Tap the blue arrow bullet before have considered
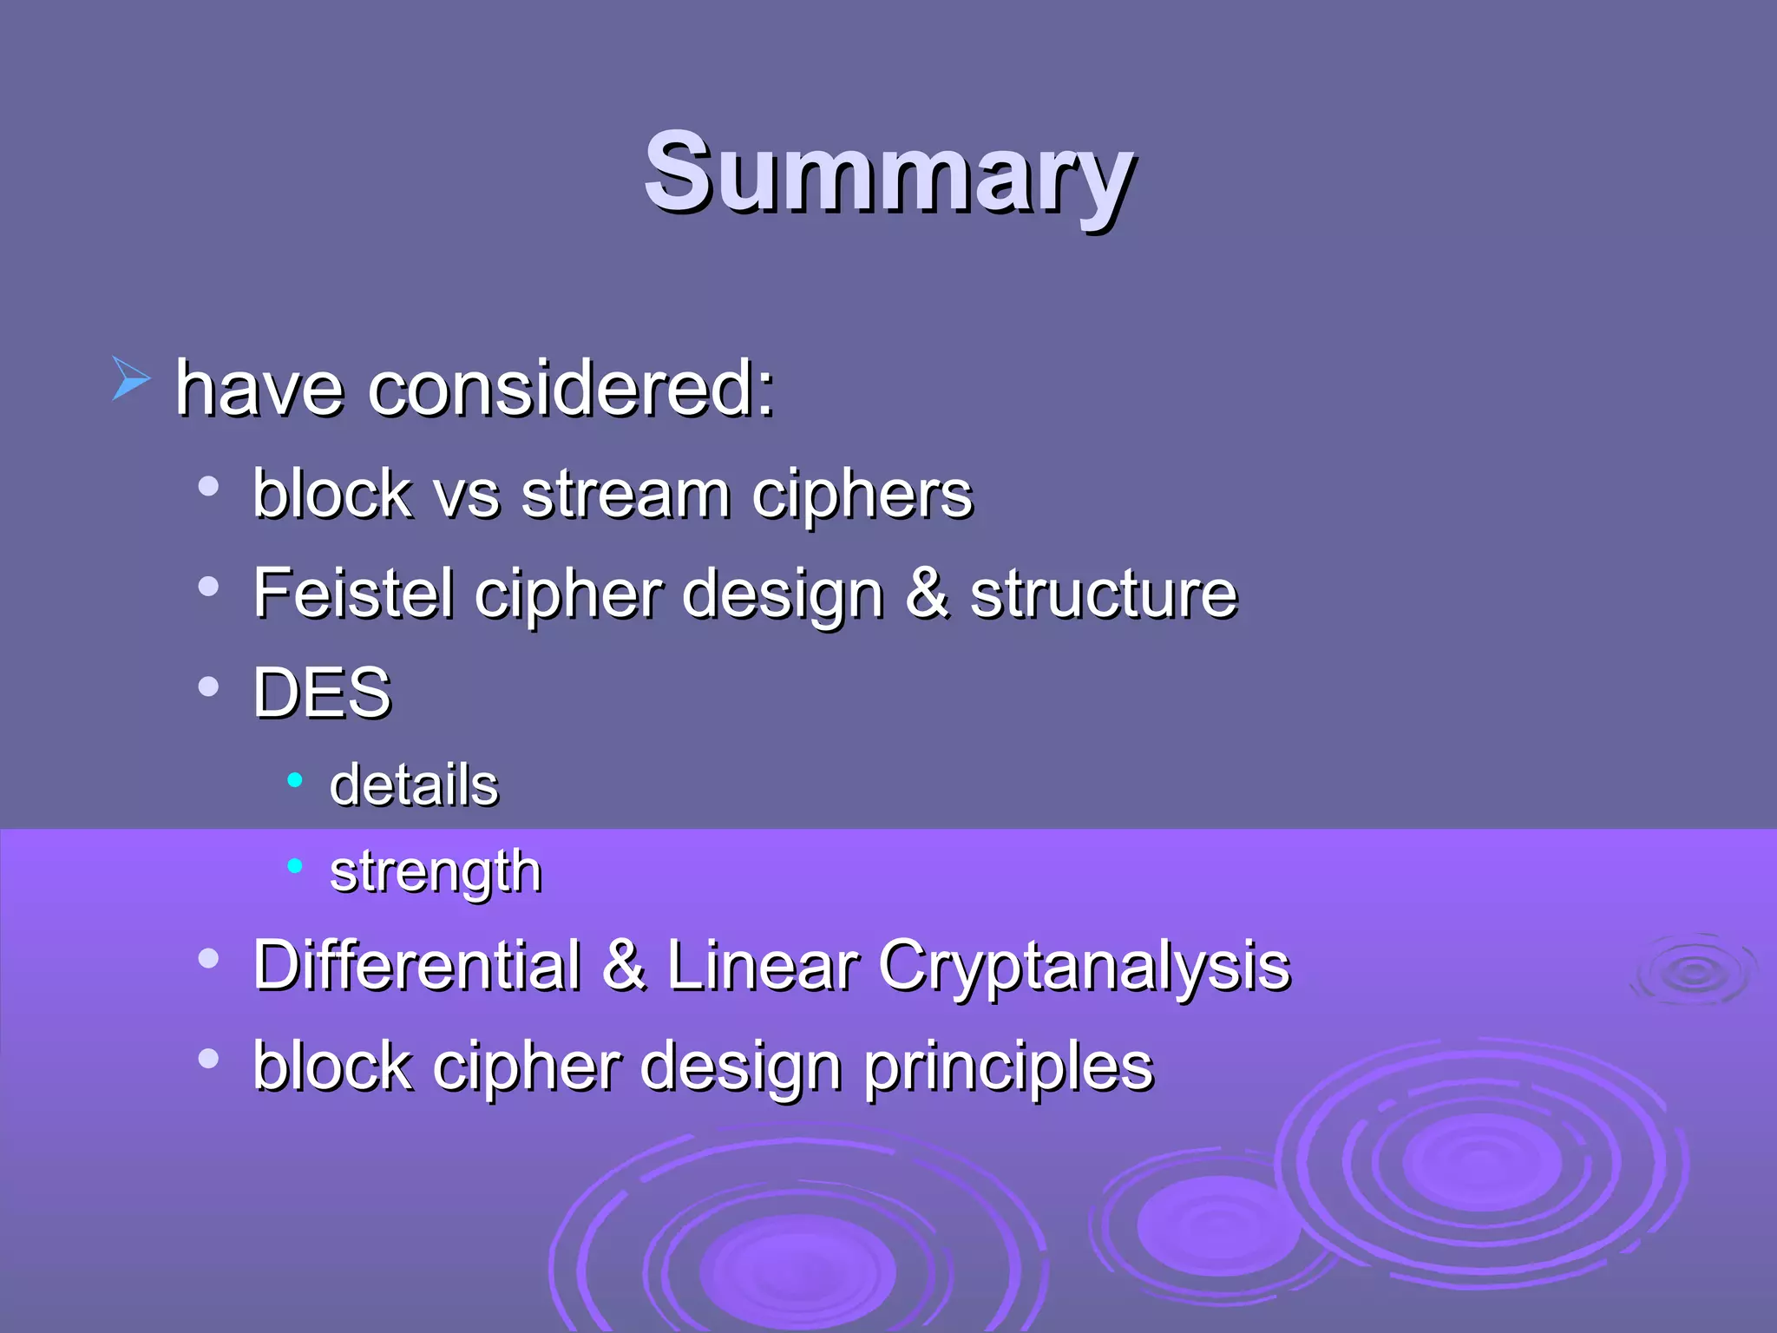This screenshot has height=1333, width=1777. click(x=131, y=379)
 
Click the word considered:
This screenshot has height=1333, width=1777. click(x=570, y=388)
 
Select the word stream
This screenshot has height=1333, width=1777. click(x=625, y=494)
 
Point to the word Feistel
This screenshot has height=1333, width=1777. click(x=352, y=593)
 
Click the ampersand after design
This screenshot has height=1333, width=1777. click(x=927, y=593)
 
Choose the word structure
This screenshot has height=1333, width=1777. click(x=1103, y=593)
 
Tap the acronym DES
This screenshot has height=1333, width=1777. click(x=322, y=693)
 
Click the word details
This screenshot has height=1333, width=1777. click(x=414, y=785)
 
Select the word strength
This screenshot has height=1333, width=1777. click(x=436, y=871)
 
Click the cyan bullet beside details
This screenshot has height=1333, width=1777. click(x=295, y=780)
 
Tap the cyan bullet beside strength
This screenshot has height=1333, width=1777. click(x=295, y=865)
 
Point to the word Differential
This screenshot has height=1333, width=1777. click(x=416, y=965)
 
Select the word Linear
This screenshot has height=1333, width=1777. click(x=763, y=965)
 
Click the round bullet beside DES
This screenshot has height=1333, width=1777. click(x=208, y=687)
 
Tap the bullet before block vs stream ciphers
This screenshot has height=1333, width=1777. click(x=208, y=487)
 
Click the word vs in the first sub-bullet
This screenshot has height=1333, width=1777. click(x=467, y=494)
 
